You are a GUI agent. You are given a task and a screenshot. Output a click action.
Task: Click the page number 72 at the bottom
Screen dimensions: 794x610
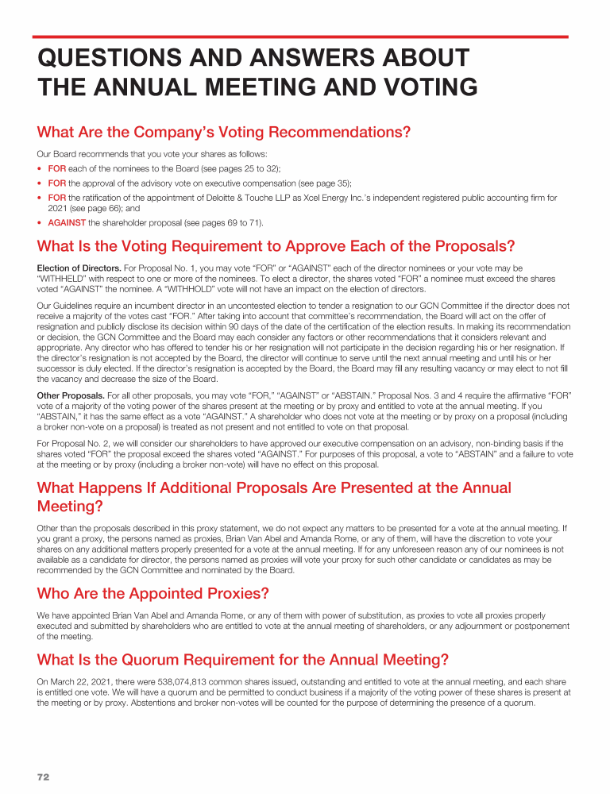[x=43, y=777]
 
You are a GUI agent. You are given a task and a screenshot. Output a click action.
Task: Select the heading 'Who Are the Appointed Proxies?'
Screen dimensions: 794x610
[x=153, y=593]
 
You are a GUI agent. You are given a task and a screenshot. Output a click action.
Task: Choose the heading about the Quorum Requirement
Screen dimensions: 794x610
[x=243, y=660]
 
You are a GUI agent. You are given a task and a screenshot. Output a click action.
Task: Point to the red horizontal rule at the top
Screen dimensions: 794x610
[x=300, y=37]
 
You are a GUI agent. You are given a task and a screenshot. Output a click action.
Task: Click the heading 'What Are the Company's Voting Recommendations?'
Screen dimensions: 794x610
[x=224, y=132]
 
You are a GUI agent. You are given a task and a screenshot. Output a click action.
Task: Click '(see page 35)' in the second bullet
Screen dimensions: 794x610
[x=327, y=183]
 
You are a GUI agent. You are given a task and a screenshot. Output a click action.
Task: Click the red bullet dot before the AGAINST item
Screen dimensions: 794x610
[x=40, y=222]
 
